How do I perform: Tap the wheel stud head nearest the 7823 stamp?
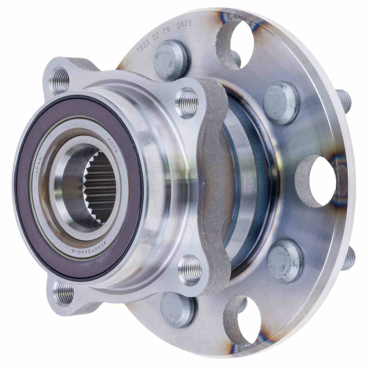170,60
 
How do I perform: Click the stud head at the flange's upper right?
281,103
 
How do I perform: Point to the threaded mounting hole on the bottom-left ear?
64,293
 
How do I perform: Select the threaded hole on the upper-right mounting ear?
187,103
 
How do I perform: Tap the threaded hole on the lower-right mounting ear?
190,270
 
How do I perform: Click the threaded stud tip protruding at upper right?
345,100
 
